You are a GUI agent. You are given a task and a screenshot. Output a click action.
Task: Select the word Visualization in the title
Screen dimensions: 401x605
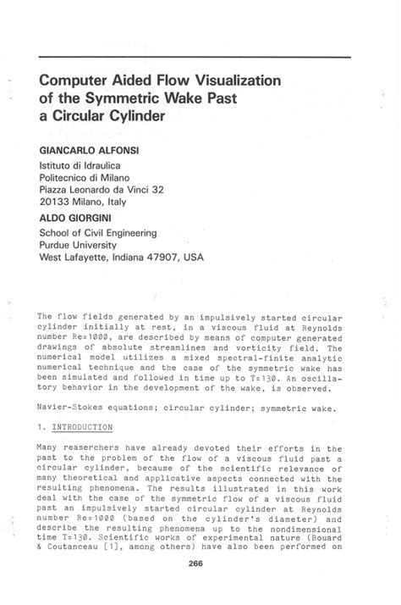coord(232,81)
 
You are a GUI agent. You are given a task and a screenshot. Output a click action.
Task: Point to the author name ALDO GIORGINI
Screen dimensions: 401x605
coord(77,217)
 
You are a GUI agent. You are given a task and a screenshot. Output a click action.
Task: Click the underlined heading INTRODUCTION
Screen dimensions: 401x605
coord(85,427)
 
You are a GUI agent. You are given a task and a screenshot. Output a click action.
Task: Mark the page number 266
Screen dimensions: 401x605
coord(200,587)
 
